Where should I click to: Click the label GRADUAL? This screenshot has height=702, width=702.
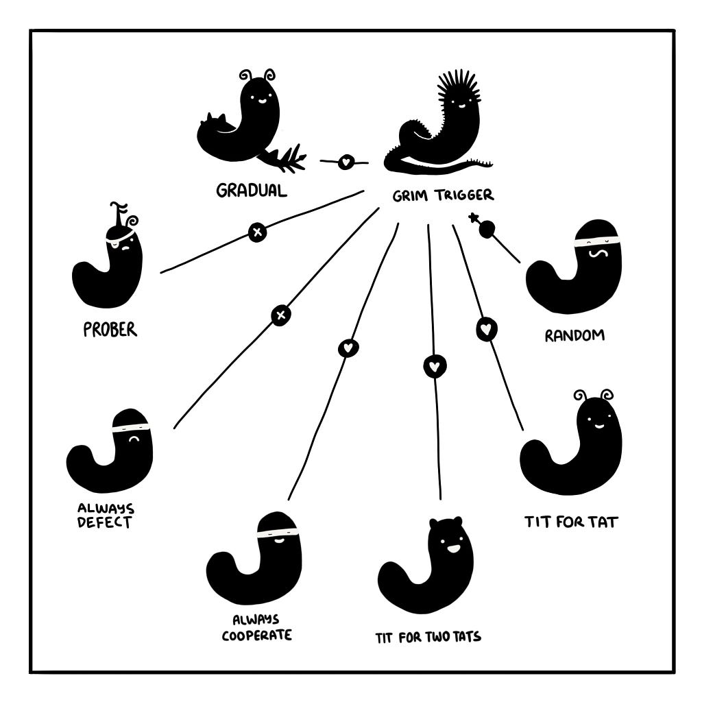pos(251,191)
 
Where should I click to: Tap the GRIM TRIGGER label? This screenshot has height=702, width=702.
pos(443,195)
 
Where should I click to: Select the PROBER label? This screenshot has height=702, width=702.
pos(110,330)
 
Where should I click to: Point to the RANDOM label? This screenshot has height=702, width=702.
pos(574,335)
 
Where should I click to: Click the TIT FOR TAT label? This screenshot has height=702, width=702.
pos(571,522)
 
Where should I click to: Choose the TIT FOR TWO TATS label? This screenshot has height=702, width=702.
pos(428,637)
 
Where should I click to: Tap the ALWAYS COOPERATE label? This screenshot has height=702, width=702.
pos(256,628)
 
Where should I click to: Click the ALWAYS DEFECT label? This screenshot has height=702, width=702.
pos(106,516)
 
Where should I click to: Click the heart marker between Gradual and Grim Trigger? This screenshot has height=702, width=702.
pos(346,161)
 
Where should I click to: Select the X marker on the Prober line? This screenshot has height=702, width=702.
pos(258,232)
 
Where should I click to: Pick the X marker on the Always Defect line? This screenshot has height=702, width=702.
pos(280,315)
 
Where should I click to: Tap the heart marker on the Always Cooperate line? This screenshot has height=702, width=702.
pos(348,348)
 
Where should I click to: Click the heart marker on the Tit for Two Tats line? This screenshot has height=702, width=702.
pos(434,367)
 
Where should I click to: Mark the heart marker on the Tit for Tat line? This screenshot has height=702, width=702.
pos(486,329)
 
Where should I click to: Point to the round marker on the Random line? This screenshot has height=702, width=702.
pos(487,229)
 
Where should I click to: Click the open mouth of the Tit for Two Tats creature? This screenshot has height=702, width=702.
pos(453,548)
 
